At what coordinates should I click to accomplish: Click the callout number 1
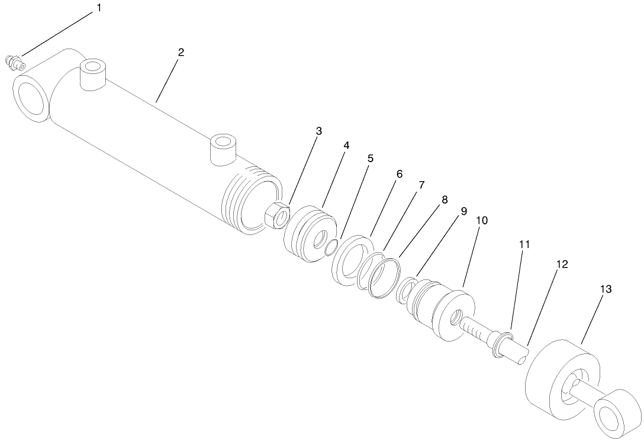pos(99,8)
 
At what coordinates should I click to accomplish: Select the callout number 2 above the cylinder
pos(181,52)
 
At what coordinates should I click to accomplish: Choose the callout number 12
pos(562,265)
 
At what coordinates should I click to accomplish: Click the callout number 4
pos(345,145)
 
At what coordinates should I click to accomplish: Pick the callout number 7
pos(421,185)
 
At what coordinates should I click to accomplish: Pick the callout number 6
pos(399,174)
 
